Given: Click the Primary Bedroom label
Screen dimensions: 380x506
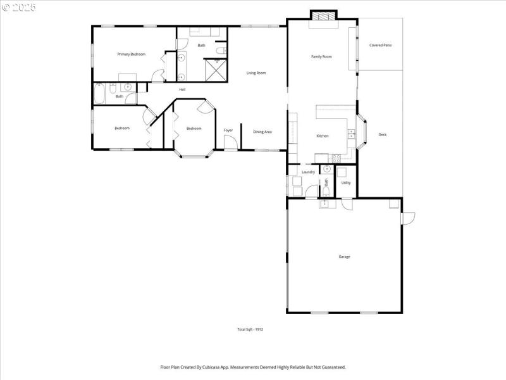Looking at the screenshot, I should pos(131,54).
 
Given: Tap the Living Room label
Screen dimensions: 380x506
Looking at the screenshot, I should pos(256,73).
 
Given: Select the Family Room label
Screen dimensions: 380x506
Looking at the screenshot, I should pos(321,57).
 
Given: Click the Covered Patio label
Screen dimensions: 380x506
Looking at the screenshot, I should pos(380,46).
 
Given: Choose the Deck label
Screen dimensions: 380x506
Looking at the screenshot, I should pos(382,134).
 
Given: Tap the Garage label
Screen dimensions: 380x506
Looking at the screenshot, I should pos(344,256).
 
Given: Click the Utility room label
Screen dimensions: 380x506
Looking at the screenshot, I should pos(346,183).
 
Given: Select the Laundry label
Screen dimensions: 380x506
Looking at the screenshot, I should pos(308,172).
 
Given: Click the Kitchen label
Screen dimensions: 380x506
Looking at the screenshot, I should pos(323,136).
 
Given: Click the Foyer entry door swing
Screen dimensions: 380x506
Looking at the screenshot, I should pos(232,144).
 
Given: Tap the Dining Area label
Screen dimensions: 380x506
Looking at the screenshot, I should pos(262,132).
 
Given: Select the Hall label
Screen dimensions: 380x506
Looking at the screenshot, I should pos(182,89).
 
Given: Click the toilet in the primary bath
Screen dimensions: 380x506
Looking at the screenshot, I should pos(219,50).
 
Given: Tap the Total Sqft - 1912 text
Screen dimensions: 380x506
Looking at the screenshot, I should pos(250,329).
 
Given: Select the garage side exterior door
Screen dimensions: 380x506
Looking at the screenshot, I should pos(408,217).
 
